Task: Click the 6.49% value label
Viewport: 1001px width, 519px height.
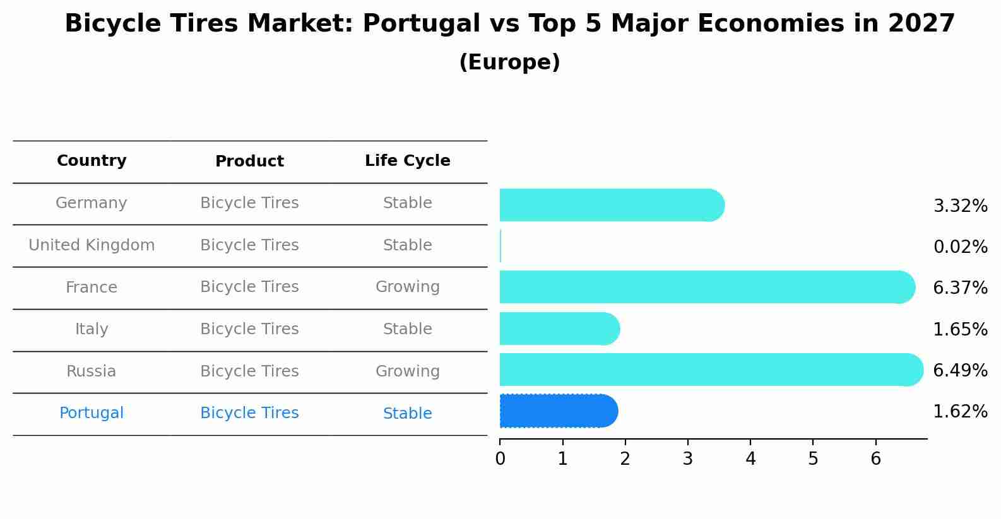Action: click(960, 370)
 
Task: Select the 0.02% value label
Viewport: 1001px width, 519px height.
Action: click(960, 247)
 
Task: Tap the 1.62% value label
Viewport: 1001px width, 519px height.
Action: click(960, 412)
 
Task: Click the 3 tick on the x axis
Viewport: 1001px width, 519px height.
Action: click(688, 459)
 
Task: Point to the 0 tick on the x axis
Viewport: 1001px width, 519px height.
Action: click(500, 459)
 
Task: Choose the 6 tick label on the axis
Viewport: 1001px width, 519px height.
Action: click(875, 459)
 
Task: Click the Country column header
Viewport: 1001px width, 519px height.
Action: click(92, 161)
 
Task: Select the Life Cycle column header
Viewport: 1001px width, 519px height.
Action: click(407, 161)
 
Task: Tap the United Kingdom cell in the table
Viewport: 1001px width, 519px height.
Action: click(92, 245)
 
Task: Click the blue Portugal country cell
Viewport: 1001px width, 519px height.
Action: click(92, 413)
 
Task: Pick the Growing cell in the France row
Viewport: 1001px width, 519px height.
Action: click(407, 287)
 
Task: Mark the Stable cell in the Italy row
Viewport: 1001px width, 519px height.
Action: click(407, 329)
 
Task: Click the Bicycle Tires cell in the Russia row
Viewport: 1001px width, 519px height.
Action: click(249, 371)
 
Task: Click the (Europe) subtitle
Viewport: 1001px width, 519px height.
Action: click(509, 62)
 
